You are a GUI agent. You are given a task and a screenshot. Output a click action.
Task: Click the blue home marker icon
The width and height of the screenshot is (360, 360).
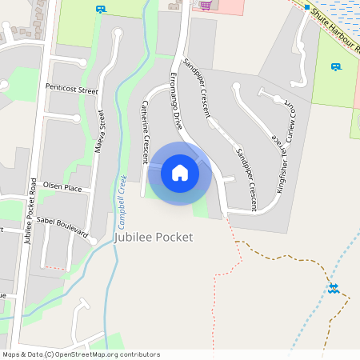pyautogui.click(x=180, y=172)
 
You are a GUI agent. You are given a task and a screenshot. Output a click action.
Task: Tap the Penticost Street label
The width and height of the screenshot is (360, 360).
pyautogui.click(x=71, y=88)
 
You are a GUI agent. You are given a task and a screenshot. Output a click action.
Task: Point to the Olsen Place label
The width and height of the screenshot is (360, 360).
pyautogui.click(x=62, y=186)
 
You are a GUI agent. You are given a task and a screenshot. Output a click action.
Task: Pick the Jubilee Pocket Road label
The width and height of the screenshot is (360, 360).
pyautogui.click(x=31, y=211)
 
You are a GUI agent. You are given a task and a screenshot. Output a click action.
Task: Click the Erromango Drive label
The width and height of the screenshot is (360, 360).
pyautogui.click(x=176, y=102)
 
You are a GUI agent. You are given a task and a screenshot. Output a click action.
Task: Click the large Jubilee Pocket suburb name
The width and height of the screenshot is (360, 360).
pyautogui.click(x=155, y=238)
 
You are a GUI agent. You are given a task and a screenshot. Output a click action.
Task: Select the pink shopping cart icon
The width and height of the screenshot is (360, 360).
pyautogui.click(x=206, y=5)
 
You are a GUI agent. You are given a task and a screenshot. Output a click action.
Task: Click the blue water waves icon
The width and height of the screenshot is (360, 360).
pyautogui.click(x=333, y=287)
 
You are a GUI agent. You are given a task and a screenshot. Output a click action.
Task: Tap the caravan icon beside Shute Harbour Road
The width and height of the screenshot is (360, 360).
pyautogui.click(x=336, y=67)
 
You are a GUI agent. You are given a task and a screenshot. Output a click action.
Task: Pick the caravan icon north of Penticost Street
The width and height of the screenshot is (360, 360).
pyautogui.click(x=100, y=9)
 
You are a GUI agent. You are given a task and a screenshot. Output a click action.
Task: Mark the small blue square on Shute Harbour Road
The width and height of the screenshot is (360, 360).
pyautogui.click(x=306, y=6)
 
